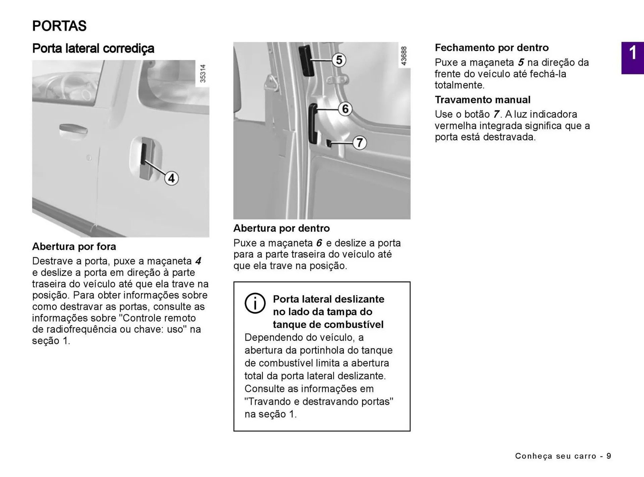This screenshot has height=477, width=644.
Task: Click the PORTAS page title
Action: pyautogui.click(x=59, y=26)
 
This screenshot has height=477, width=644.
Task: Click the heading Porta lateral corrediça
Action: pyautogui.click(x=93, y=48)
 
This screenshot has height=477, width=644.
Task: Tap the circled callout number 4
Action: pyautogui.click(x=171, y=178)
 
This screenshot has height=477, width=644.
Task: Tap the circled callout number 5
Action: pyautogui.click(x=339, y=60)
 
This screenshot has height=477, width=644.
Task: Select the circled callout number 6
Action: pyautogui.click(x=345, y=109)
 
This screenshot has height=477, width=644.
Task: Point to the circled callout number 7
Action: pyautogui.click(x=360, y=143)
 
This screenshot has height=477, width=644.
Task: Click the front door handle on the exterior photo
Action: pyautogui.click(x=73, y=129)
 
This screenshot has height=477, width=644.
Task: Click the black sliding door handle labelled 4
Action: pyautogui.click(x=144, y=154)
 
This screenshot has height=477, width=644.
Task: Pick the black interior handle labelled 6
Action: pyautogui.click(x=313, y=124)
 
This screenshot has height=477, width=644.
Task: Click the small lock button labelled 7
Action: pyautogui.click(x=329, y=143)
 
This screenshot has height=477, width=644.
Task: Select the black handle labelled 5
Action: pyautogui.click(x=306, y=60)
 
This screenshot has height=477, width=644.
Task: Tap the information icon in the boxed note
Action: pyautogui.click(x=255, y=303)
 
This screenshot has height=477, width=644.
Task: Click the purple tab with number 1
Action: pyautogui.click(x=632, y=58)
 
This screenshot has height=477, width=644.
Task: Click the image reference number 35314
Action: pyautogui.click(x=203, y=74)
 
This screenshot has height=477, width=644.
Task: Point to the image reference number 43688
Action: pyautogui.click(x=404, y=56)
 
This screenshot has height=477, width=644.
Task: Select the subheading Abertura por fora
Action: pyautogui.click(x=74, y=246)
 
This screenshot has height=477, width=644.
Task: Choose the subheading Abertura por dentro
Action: pyautogui.click(x=281, y=228)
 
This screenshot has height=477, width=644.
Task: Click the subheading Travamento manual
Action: pyautogui.click(x=482, y=100)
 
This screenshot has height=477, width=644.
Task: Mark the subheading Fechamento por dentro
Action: pyautogui.click(x=491, y=48)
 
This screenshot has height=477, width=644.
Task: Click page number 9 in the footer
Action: pyautogui.click(x=608, y=456)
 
